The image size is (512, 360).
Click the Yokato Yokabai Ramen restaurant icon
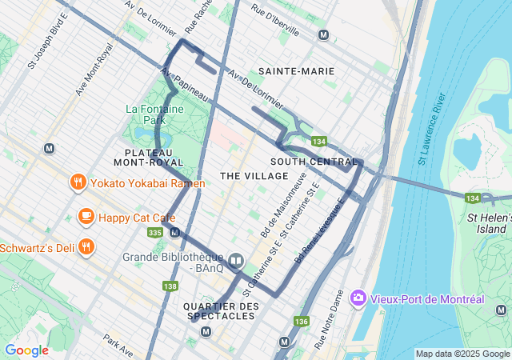78,183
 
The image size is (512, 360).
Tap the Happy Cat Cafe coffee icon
86,216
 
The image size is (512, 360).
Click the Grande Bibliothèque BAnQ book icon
236,260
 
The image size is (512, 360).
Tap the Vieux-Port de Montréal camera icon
358,298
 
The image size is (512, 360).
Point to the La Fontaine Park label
154,109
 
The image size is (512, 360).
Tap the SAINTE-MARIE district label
296,71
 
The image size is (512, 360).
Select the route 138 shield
170,286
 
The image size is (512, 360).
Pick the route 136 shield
301,321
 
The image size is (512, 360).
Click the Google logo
26,350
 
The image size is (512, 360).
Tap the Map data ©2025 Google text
462,354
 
